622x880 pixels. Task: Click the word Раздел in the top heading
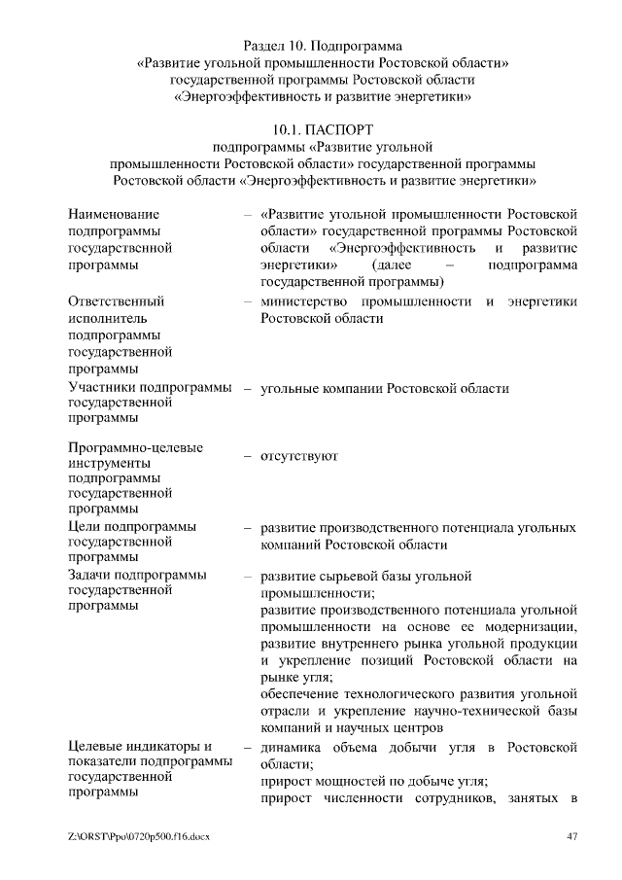[x=261, y=45]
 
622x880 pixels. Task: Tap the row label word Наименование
[x=114, y=213]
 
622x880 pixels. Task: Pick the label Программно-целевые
[x=136, y=447]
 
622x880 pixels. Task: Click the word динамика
[x=293, y=747]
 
